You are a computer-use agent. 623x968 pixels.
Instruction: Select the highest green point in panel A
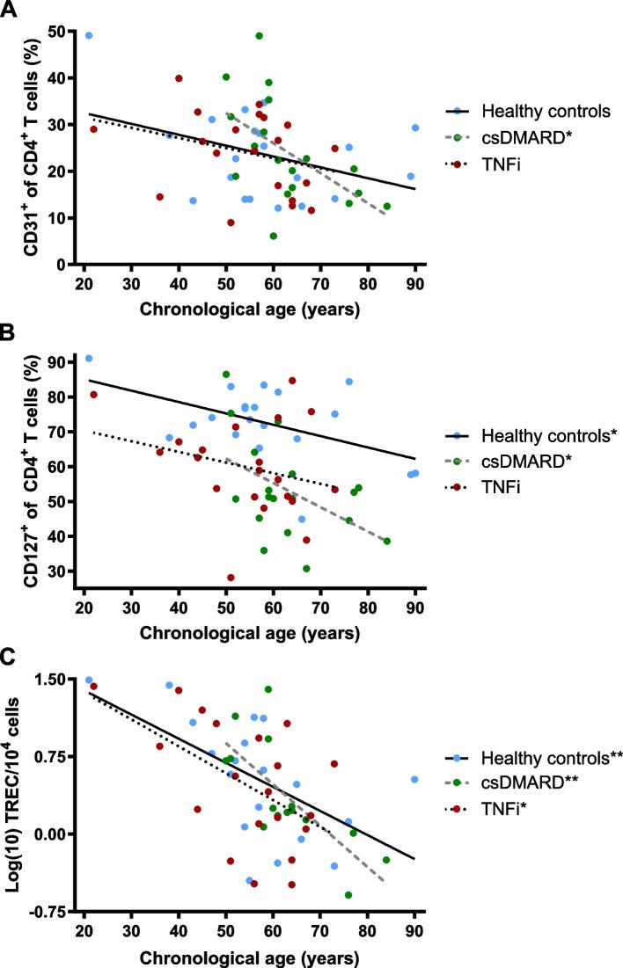point(259,36)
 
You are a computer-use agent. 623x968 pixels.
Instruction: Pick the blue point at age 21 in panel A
point(89,36)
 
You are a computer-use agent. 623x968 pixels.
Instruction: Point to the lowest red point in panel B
point(231,578)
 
